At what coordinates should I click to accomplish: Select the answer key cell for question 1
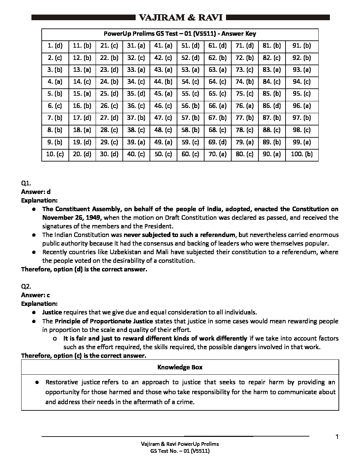pos(55,46)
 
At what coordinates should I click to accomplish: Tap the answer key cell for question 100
pos(301,154)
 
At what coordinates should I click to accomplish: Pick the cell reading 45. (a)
pos(163,94)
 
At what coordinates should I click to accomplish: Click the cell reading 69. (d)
pos(217,142)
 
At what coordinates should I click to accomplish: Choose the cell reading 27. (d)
pos(109,118)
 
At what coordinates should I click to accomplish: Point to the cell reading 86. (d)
pos(272,106)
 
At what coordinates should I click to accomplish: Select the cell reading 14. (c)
pos(82,82)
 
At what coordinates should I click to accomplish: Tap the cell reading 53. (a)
pos(190,70)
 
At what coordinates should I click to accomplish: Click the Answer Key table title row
pos(180,34)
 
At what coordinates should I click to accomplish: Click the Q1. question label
pos(26,183)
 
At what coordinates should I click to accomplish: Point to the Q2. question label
pos(26,286)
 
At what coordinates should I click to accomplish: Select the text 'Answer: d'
pos(36,192)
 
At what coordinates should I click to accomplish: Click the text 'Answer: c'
pos(35,295)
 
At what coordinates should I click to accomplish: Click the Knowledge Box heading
pos(180,367)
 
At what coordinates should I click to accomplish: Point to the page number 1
pos(337,437)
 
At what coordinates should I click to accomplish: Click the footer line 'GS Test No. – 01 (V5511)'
pos(180,451)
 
